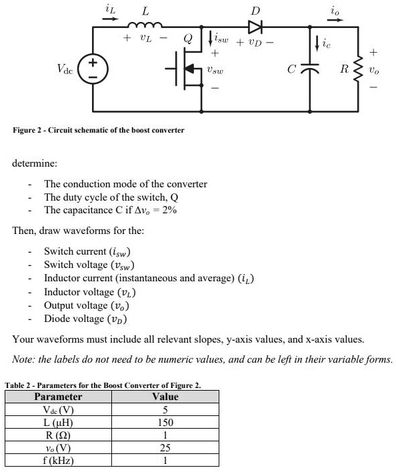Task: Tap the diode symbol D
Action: [x=255, y=27]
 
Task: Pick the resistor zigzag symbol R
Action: [x=359, y=69]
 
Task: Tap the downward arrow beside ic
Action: [x=317, y=45]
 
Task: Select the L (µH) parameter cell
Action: [x=58, y=423]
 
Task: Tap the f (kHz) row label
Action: [x=58, y=460]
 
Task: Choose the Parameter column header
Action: [x=58, y=397]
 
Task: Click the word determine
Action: [x=35, y=162]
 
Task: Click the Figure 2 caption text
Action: [x=99, y=130]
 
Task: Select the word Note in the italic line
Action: [x=25, y=359]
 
